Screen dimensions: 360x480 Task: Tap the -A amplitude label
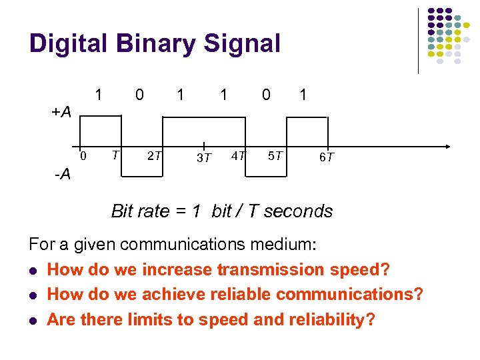(x=63, y=175)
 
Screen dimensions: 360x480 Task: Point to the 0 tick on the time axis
(x=83, y=156)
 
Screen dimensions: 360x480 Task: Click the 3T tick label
(x=203, y=158)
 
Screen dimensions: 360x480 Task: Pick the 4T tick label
(x=237, y=156)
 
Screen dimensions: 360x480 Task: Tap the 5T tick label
(x=275, y=156)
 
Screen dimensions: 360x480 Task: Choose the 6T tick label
(x=326, y=157)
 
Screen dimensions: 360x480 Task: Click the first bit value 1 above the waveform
(x=99, y=95)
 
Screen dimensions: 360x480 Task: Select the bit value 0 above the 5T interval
(x=266, y=95)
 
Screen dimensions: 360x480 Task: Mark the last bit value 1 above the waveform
(x=303, y=95)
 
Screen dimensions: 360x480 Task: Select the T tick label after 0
(x=115, y=155)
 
